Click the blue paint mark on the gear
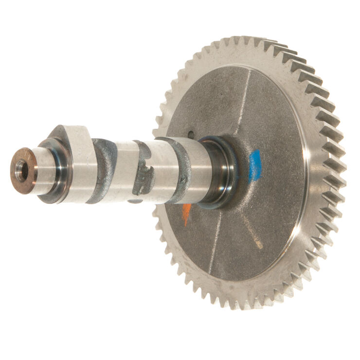pos(254,166)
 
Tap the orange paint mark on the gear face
pos(186,214)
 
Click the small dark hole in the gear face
pos(191,134)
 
